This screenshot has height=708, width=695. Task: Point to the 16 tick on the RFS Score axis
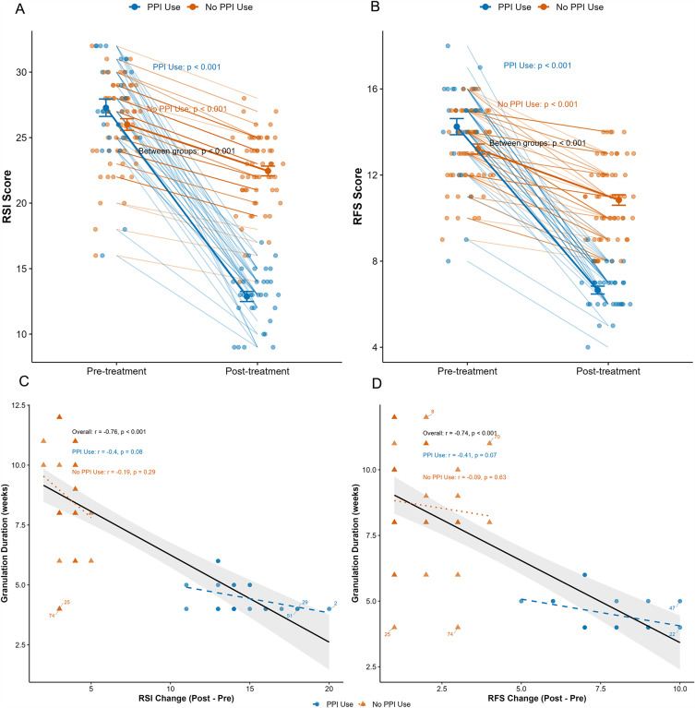click(381, 90)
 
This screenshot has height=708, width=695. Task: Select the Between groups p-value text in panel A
click(186, 150)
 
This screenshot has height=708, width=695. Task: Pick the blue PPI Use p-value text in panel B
click(537, 66)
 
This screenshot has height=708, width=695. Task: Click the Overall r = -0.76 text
click(109, 432)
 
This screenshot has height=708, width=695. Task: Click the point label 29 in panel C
click(305, 602)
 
